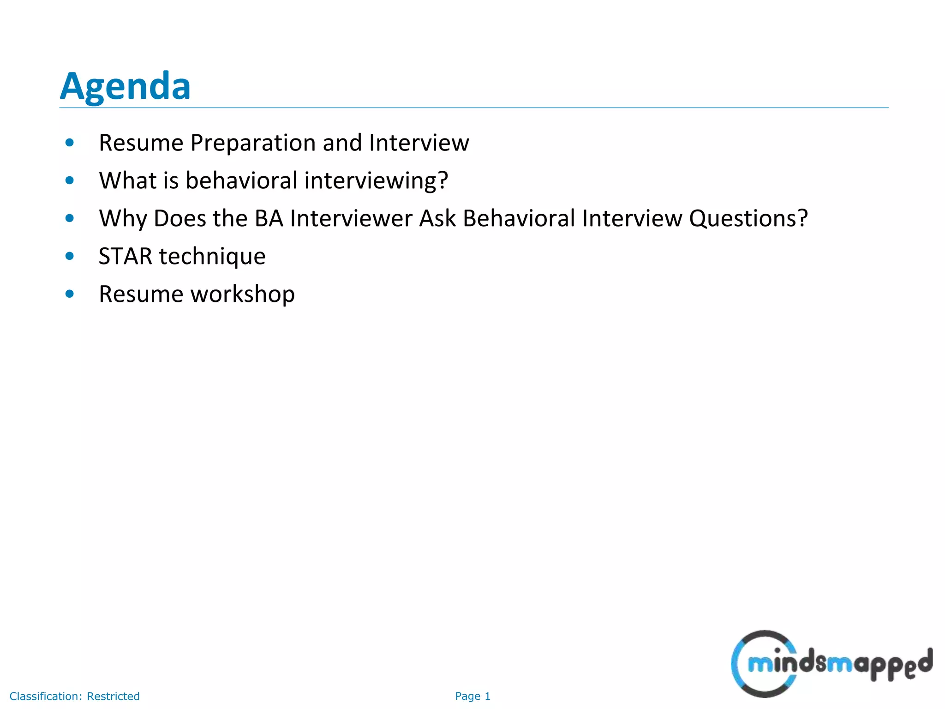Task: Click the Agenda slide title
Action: pyautogui.click(x=125, y=86)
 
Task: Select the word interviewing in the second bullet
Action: pyautogui.click(x=376, y=180)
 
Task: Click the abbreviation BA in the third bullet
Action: pyautogui.click(x=269, y=218)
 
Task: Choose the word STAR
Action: pyautogui.click(x=125, y=256)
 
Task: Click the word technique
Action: pyautogui.click(x=212, y=257)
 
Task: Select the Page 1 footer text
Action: pyautogui.click(x=472, y=696)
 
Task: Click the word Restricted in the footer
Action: pyautogui.click(x=113, y=696)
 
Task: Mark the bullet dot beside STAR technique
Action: pyautogui.click(x=70, y=256)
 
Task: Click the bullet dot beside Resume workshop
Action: pyautogui.click(x=70, y=294)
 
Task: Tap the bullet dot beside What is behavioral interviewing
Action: pyautogui.click(x=70, y=180)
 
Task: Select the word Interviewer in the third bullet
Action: pyautogui.click(x=351, y=218)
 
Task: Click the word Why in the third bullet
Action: pyautogui.click(x=123, y=219)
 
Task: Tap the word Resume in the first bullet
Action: pyautogui.click(x=141, y=143)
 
